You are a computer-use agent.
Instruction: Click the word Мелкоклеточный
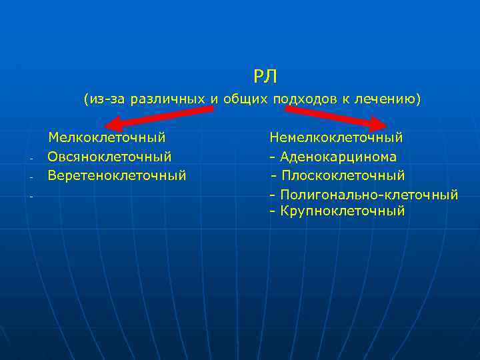(x=107, y=137)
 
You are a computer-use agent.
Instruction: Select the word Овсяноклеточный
(x=109, y=157)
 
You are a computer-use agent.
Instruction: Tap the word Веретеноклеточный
(x=117, y=175)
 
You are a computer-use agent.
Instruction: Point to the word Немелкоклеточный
(x=336, y=137)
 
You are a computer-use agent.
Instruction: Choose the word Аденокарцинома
(x=338, y=157)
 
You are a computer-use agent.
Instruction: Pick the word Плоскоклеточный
(x=343, y=175)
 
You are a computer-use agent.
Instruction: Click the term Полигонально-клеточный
(x=369, y=195)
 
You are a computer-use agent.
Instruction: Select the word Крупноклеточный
(x=343, y=211)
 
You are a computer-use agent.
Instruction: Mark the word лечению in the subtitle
(x=389, y=99)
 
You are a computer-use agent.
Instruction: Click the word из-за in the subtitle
(x=107, y=99)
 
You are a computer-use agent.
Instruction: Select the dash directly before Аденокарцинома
(x=273, y=157)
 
